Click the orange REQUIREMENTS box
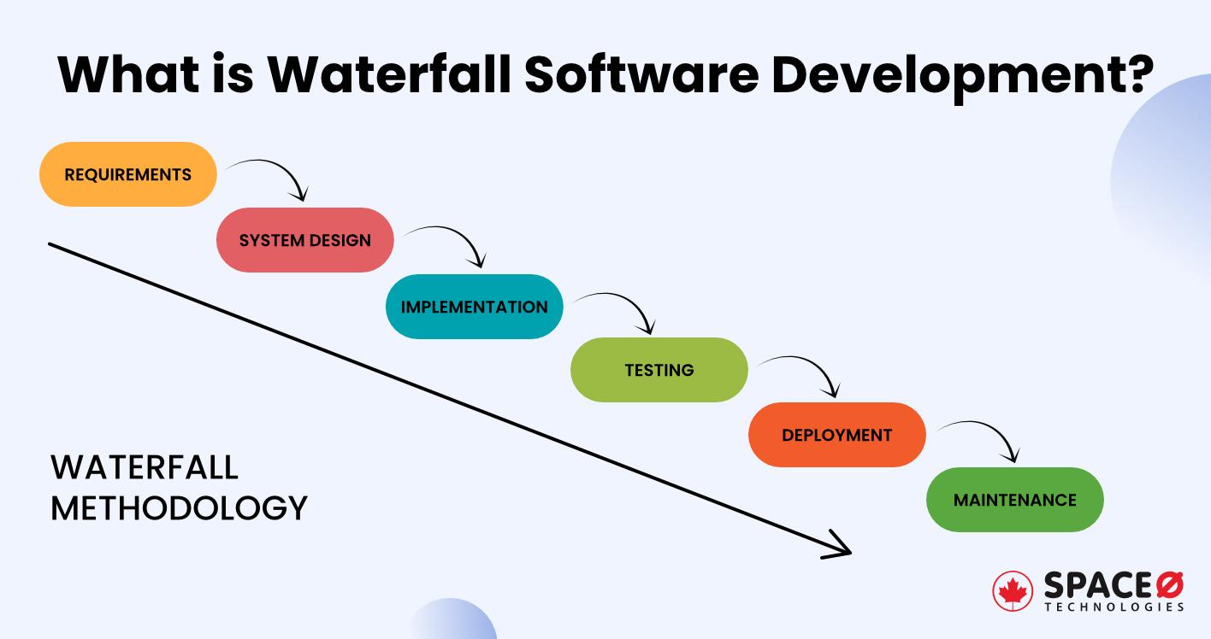tap(128, 174)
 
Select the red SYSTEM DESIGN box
tap(305, 240)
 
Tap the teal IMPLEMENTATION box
tap(474, 307)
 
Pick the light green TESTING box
tap(659, 370)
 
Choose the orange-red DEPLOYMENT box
tap(836, 435)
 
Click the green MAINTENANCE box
tap(1014, 500)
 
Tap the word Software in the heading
tap(641, 74)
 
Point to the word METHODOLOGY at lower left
tap(179, 507)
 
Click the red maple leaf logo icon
tap(1013, 592)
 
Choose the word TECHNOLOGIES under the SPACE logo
tap(1114, 607)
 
